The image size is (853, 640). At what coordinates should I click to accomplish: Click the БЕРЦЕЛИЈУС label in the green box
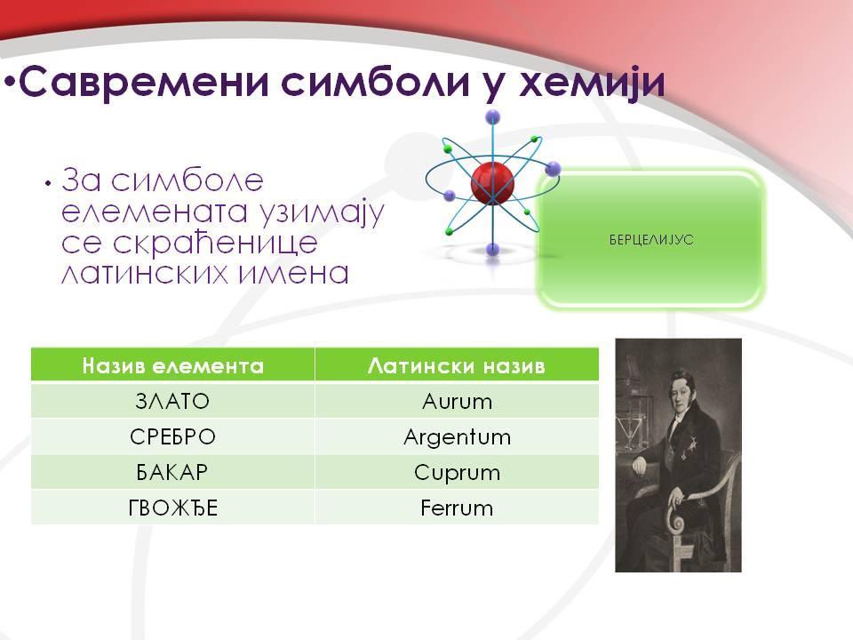[651, 239]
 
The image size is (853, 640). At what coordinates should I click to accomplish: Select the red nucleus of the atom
[492, 182]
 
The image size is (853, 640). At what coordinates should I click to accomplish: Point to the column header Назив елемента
[173, 365]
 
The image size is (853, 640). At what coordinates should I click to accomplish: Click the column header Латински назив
[457, 365]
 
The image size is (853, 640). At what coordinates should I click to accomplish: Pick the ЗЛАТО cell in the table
[172, 401]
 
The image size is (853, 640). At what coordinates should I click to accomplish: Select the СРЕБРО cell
[173, 436]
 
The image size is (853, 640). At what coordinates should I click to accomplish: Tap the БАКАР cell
[172, 472]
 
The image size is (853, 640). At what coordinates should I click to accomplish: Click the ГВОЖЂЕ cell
[173, 508]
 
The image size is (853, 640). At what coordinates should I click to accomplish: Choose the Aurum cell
[457, 402]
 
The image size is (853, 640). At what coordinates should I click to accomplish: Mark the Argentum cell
[457, 437]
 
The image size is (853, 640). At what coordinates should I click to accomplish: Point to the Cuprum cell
[457, 473]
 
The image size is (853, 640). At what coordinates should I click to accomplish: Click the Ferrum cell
[457, 508]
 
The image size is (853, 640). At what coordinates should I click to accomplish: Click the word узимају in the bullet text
[322, 212]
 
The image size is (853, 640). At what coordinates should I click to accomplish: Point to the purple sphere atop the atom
[493, 116]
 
